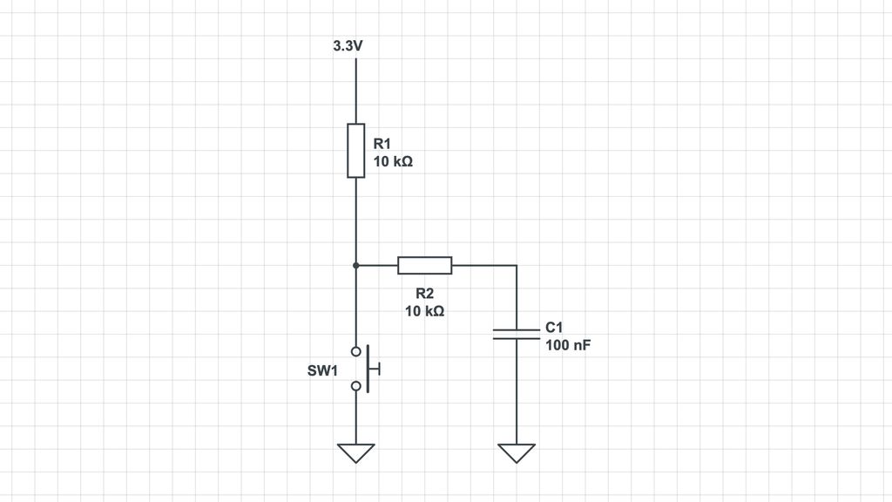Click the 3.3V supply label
pyautogui.click(x=348, y=46)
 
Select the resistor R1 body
pyautogui.click(x=356, y=150)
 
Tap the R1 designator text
pyautogui.click(x=382, y=144)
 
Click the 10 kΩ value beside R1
pyautogui.click(x=393, y=161)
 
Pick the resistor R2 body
pyautogui.click(x=425, y=265)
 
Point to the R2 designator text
pyautogui.click(x=425, y=293)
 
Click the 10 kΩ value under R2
pyautogui.click(x=425, y=311)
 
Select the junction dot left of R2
pyautogui.click(x=356, y=265)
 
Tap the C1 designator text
pyautogui.click(x=554, y=328)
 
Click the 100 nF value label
pyautogui.click(x=568, y=345)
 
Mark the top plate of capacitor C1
pyautogui.click(x=517, y=329)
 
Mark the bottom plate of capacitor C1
pyautogui.click(x=517, y=339)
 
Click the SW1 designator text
pyautogui.click(x=322, y=370)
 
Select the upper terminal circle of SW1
pyautogui.click(x=356, y=352)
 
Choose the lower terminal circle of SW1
pyautogui.click(x=356, y=386)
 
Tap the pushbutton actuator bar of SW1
pyautogui.click(x=368, y=369)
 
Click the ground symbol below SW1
pyautogui.click(x=356, y=453)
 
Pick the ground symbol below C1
pyautogui.click(x=517, y=453)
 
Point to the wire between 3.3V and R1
pyautogui.click(x=356, y=91)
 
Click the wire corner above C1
pyautogui.click(x=517, y=265)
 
